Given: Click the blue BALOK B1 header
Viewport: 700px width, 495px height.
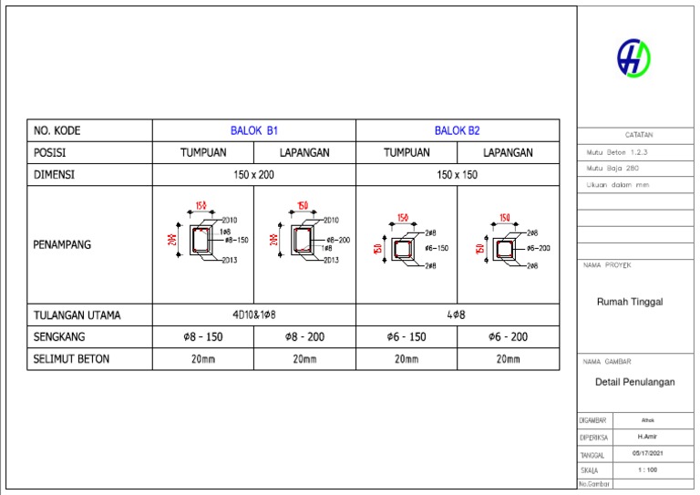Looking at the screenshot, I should pos(253,130).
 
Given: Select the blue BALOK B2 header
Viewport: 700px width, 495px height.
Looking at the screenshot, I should pos(457,130).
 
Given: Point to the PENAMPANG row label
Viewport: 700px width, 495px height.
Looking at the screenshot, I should pos(62,244).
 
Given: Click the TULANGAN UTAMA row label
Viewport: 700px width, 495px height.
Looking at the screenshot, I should pos(77,315).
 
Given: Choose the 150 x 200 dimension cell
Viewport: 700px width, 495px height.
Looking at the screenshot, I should pos(253,175).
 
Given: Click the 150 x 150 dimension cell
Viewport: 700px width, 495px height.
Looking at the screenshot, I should pos(457,175).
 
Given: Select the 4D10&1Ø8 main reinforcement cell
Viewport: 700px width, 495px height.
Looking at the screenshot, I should pos(253,315).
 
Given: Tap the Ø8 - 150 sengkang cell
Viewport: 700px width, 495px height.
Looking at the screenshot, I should pos(202,337).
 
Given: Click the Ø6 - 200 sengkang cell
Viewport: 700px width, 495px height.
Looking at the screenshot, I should pos(508,337).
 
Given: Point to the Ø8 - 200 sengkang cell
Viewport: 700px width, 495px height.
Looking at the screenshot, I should pos(304,337).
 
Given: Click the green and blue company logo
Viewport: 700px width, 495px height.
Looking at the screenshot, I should pos(634,58).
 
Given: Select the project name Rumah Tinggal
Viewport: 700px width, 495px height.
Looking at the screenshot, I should pos(629,302).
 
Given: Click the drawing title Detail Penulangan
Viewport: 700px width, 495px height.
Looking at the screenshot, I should pos(634,382).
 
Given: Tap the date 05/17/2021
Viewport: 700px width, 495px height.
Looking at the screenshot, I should pos(648,453).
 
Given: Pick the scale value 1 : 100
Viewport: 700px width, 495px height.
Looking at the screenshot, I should pos(648,469).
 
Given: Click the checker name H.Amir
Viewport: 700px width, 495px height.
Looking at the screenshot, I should pos(648,437).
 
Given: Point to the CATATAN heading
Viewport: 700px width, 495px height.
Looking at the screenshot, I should pos(638,134).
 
